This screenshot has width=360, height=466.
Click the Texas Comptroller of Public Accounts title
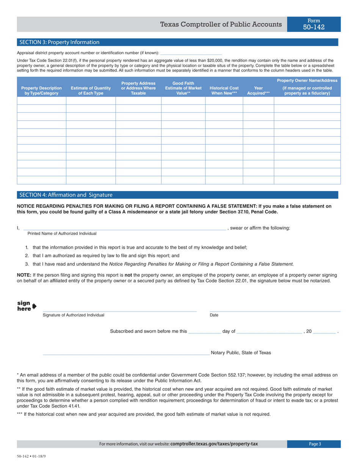221,25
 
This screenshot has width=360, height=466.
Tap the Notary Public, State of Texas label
241,353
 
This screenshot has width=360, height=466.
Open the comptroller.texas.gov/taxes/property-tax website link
214,444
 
